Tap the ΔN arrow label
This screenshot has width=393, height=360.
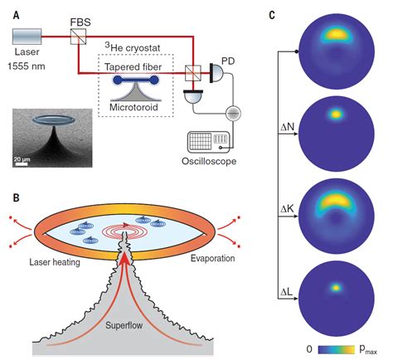coord(288,127)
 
